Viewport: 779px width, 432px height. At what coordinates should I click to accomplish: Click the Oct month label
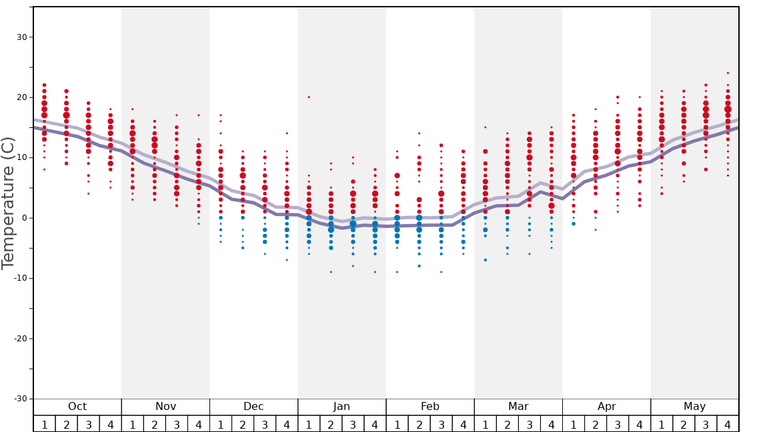tap(77, 407)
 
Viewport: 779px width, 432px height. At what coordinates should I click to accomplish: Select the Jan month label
tap(341, 407)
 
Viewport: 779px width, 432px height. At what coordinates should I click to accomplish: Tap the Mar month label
tap(518, 407)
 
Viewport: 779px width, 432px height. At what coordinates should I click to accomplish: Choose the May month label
tap(694, 407)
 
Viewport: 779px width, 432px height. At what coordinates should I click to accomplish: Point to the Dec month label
tap(253, 407)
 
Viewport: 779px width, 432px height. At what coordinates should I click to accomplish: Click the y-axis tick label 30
tap(21, 37)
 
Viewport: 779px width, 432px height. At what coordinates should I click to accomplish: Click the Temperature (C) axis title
tap(8, 203)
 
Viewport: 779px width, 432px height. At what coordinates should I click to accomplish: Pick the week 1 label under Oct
tap(44, 425)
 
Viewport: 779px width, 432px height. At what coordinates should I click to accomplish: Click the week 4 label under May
tap(728, 425)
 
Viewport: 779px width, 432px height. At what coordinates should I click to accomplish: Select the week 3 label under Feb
tap(441, 425)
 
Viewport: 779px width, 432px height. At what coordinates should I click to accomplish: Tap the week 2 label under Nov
tap(155, 425)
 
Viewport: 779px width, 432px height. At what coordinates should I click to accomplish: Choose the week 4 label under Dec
tap(287, 425)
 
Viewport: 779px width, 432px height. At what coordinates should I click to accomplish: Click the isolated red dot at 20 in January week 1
tap(309, 97)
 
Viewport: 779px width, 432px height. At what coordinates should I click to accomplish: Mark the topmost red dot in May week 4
tap(728, 73)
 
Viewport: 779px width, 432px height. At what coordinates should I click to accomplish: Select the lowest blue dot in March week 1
tap(485, 260)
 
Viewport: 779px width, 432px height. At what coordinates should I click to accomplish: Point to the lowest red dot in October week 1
tap(45, 169)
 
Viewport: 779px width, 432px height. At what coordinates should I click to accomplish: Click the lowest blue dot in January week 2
tap(331, 272)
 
